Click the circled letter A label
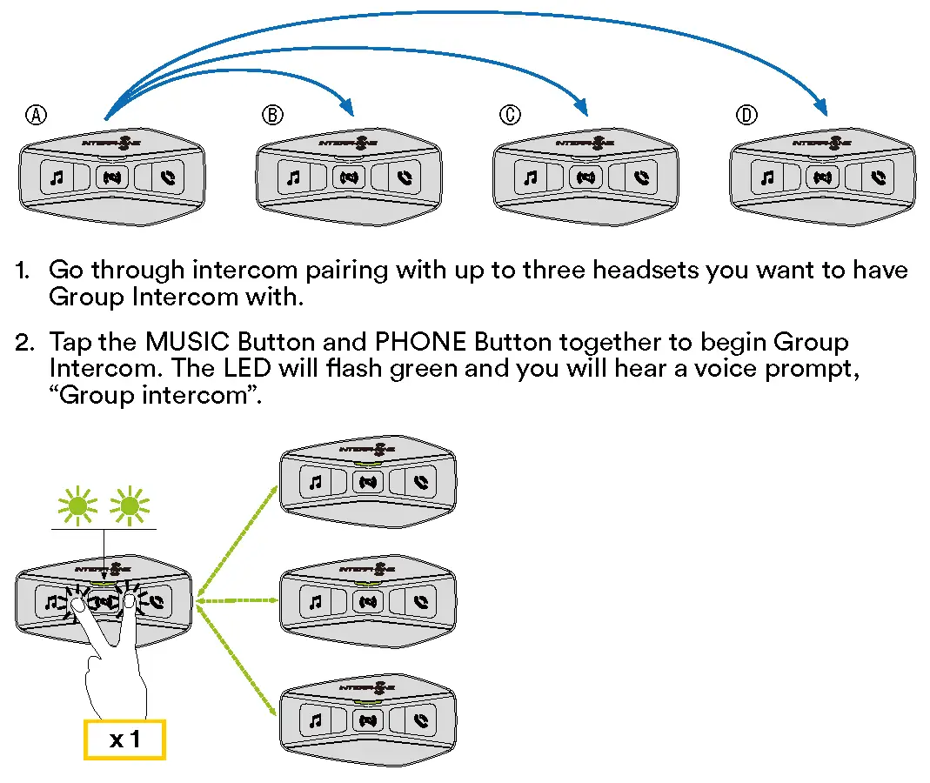click(x=36, y=115)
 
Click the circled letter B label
click(x=272, y=115)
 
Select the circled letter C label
click(x=510, y=115)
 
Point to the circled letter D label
click(x=746, y=115)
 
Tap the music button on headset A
click(x=57, y=178)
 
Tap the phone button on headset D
click(x=880, y=178)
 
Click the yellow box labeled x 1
click(x=124, y=740)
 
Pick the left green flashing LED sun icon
click(x=77, y=505)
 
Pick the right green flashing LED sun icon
click(x=130, y=505)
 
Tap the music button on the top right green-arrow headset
click(x=316, y=481)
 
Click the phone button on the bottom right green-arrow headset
click(x=422, y=720)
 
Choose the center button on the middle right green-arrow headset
click(x=369, y=601)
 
